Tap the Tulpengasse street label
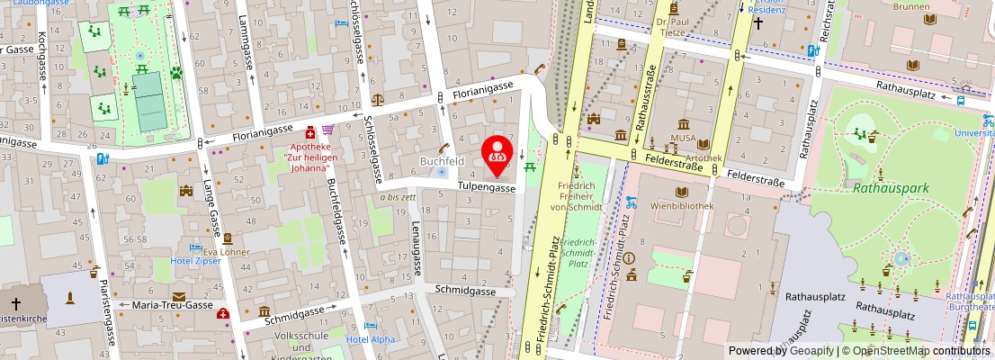[488, 188]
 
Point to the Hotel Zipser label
[196, 262]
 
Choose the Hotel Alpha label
[371, 339]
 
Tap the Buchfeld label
[442, 161]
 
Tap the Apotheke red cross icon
[311, 132]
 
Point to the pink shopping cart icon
[327, 130]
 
